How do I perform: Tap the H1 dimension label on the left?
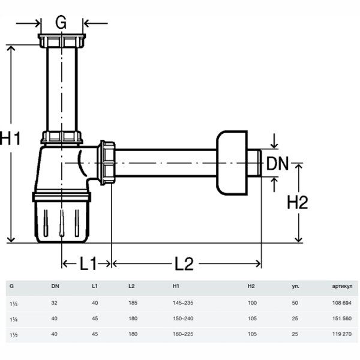[x=11, y=138]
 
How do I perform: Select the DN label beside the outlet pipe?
[x=277, y=163]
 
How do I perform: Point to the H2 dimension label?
[x=298, y=202]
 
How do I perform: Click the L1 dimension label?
[x=88, y=263]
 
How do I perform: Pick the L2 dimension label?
[x=184, y=263]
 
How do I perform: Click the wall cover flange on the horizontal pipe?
[x=232, y=163]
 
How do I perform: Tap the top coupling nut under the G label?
[x=62, y=41]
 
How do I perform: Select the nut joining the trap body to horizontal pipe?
[x=107, y=163]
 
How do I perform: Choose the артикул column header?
[x=342, y=286]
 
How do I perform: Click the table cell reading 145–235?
[x=183, y=303]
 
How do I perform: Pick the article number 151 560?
[x=342, y=319]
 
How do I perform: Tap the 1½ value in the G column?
[x=14, y=335]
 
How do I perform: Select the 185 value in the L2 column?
[x=133, y=303]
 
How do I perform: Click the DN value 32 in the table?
[x=54, y=303]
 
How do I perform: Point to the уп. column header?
[x=295, y=287]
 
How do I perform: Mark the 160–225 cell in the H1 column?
[x=183, y=334]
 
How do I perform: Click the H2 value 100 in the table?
[x=252, y=303]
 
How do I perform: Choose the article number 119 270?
[x=342, y=334]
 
